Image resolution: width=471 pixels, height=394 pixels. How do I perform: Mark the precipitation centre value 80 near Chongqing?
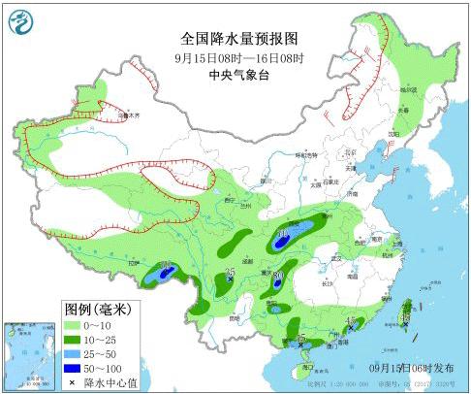[x=278, y=277]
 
